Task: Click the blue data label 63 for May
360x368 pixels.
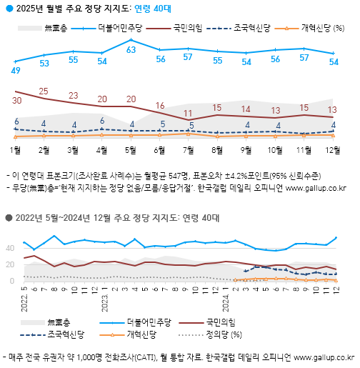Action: point(131,50)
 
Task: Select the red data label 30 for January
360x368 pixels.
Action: point(16,101)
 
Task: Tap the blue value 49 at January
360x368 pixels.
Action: point(16,71)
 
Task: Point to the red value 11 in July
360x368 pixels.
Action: point(189,113)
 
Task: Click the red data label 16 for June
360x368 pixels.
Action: point(160,105)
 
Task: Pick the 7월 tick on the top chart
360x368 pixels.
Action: point(189,150)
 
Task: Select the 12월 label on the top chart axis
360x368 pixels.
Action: point(333,150)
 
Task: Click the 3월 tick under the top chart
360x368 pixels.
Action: point(73,150)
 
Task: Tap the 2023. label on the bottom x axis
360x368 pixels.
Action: point(104,295)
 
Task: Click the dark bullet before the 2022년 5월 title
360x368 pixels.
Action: point(6,218)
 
